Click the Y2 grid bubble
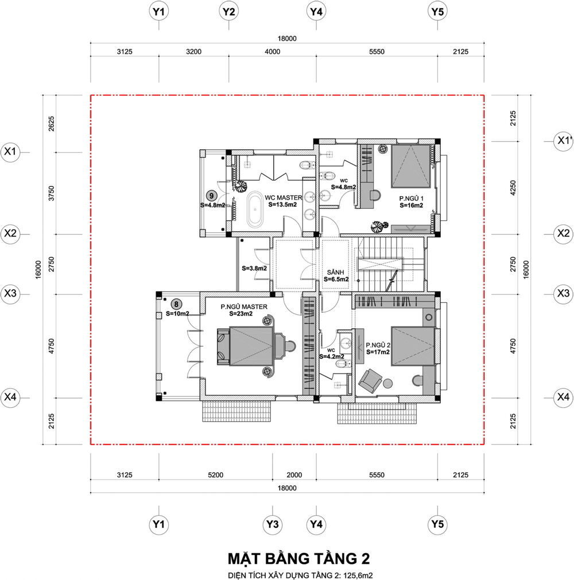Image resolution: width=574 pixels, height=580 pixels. click(x=228, y=12)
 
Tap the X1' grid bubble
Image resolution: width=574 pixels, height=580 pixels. click(x=563, y=141)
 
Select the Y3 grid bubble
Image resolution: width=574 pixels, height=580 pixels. click(x=273, y=524)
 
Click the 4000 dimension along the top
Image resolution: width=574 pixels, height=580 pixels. click(x=273, y=52)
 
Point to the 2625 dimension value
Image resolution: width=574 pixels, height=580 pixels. click(x=51, y=123)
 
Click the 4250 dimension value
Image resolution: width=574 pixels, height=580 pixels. click(x=513, y=188)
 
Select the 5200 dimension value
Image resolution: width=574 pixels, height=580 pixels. click(x=215, y=475)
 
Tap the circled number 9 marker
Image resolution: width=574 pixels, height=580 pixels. click(x=212, y=196)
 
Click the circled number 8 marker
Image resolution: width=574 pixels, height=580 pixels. click(x=176, y=305)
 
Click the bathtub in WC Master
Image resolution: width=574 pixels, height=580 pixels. click(x=255, y=209)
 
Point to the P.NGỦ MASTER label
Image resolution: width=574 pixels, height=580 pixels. click(x=244, y=307)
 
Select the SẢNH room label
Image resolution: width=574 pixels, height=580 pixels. click(x=336, y=273)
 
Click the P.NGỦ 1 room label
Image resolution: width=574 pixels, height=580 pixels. click(x=411, y=198)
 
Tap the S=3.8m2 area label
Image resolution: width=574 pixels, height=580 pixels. click(x=254, y=268)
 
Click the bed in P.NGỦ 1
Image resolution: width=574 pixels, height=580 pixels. click(x=411, y=166)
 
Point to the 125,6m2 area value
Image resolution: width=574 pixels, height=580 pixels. click(x=358, y=575)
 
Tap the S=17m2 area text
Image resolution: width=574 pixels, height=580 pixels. click(x=378, y=352)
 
